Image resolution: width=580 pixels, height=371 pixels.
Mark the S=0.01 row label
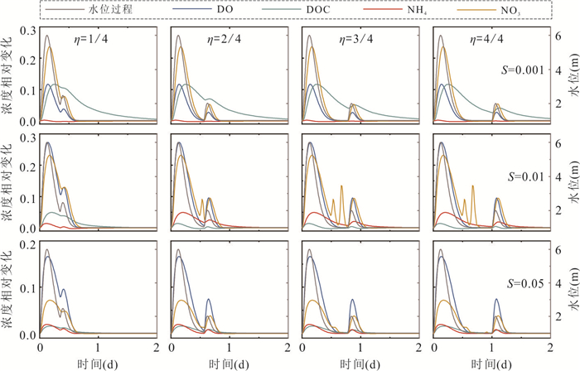point(525,176)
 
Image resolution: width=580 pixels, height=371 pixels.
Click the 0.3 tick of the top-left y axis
point(27,30)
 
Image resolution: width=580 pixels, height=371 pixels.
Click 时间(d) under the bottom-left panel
point(96,364)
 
